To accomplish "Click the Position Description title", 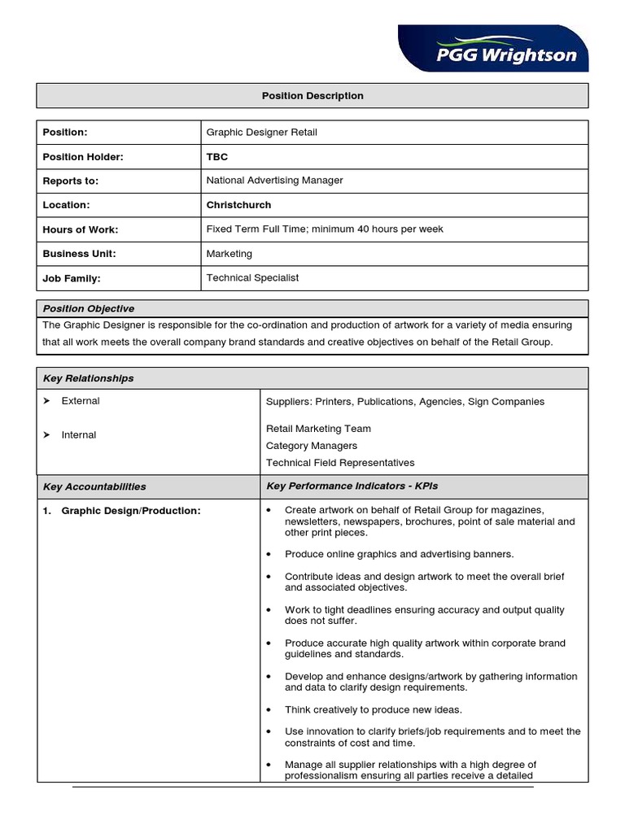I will coord(312,96).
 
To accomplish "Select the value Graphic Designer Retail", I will coord(261,133).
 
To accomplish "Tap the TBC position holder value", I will coord(217,157).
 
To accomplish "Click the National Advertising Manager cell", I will coord(274,181).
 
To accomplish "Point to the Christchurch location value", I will coord(238,205).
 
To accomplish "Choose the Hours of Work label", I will coord(80,230).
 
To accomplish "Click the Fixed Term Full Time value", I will coord(324,229).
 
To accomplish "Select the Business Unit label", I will coord(79,254).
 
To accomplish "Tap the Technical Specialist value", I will coord(252,278).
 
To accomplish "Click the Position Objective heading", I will coord(88,309).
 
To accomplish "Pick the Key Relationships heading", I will coord(88,378).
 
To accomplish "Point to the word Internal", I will coord(78,435).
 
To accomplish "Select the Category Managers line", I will coord(311,446).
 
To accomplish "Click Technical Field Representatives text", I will coord(339,463).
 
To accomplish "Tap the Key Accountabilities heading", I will coord(94,487).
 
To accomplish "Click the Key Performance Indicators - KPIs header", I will coord(352,486).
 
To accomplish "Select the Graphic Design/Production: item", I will coord(130,511).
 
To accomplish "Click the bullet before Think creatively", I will coord(269,710).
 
